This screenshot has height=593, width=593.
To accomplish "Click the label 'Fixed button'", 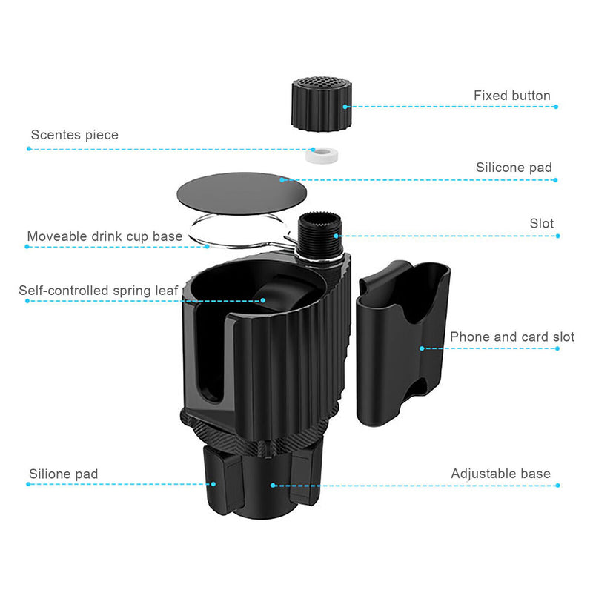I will click(511, 96).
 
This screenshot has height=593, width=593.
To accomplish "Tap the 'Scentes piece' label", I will click(74, 135).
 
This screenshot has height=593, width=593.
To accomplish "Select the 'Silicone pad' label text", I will click(514, 168).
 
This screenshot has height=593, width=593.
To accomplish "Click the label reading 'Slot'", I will click(541, 223).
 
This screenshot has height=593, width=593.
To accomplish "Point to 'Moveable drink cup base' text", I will click(105, 236).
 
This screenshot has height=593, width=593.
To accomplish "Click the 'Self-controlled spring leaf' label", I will click(99, 291).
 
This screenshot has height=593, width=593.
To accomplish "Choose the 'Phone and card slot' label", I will click(512, 337).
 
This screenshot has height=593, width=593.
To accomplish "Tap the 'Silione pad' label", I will click(63, 474).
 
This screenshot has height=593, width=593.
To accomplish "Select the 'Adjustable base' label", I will click(500, 474).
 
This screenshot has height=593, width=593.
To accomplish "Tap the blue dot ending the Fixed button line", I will click(555, 107).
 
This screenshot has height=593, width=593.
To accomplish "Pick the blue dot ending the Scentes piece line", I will click(29, 148).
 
